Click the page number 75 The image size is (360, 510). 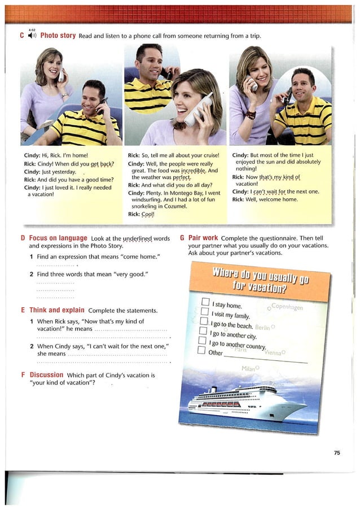(337, 452)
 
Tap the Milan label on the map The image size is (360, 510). (248, 368)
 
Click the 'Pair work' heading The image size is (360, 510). (204, 238)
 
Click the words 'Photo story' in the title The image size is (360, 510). (58, 36)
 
